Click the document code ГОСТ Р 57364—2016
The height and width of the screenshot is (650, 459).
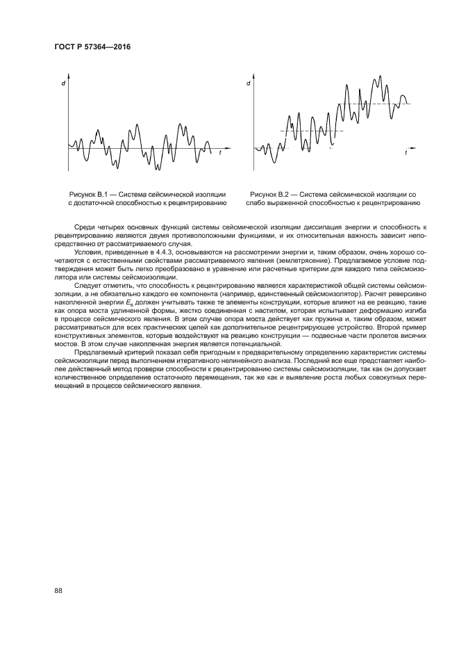point(92,48)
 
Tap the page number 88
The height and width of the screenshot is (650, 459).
point(58,590)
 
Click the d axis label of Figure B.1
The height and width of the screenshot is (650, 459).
point(63,84)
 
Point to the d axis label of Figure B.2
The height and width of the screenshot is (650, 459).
point(249,83)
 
